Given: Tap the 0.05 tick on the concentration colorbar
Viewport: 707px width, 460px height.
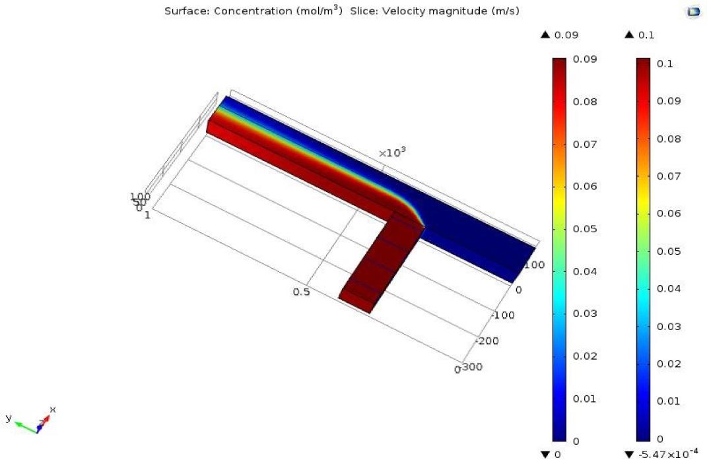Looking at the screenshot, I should click(585, 229).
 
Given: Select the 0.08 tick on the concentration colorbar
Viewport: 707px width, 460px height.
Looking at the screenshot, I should click(585, 102).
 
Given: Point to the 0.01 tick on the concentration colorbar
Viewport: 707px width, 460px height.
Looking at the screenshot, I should click(585, 399).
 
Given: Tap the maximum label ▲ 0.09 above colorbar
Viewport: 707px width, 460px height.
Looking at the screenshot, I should click(560, 35).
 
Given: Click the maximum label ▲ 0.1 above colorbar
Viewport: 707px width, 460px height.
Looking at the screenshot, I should click(639, 35).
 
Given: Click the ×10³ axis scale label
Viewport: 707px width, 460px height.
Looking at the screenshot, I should click(391, 153).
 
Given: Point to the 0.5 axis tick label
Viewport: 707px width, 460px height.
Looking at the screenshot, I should click(302, 292).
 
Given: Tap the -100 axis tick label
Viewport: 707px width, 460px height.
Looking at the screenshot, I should click(503, 315).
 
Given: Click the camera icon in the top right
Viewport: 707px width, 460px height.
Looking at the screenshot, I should click(693, 12).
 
